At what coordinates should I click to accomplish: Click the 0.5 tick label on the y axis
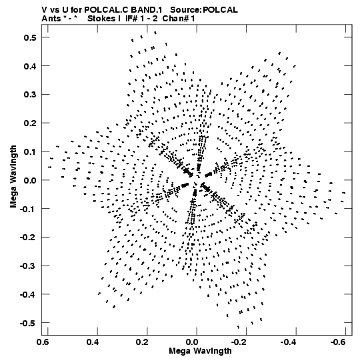click(x=30, y=37)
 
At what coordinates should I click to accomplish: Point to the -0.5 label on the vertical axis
click(x=28, y=323)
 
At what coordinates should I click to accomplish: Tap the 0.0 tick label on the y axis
click(x=30, y=180)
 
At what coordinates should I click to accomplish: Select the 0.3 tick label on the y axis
click(x=30, y=95)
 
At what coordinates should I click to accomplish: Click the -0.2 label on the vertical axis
click(x=28, y=238)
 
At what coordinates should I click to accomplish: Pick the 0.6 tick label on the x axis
click(x=43, y=342)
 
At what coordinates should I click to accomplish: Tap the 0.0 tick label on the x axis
click(x=192, y=342)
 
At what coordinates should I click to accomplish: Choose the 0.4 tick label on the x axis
click(x=93, y=342)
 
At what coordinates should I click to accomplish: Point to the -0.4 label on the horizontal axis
click(x=289, y=342)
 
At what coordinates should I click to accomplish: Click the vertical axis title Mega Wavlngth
click(x=13, y=177)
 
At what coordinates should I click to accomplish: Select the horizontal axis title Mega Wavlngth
click(x=200, y=351)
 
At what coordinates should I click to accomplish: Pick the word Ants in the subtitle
click(x=51, y=19)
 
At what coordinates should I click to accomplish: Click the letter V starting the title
click(x=45, y=10)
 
